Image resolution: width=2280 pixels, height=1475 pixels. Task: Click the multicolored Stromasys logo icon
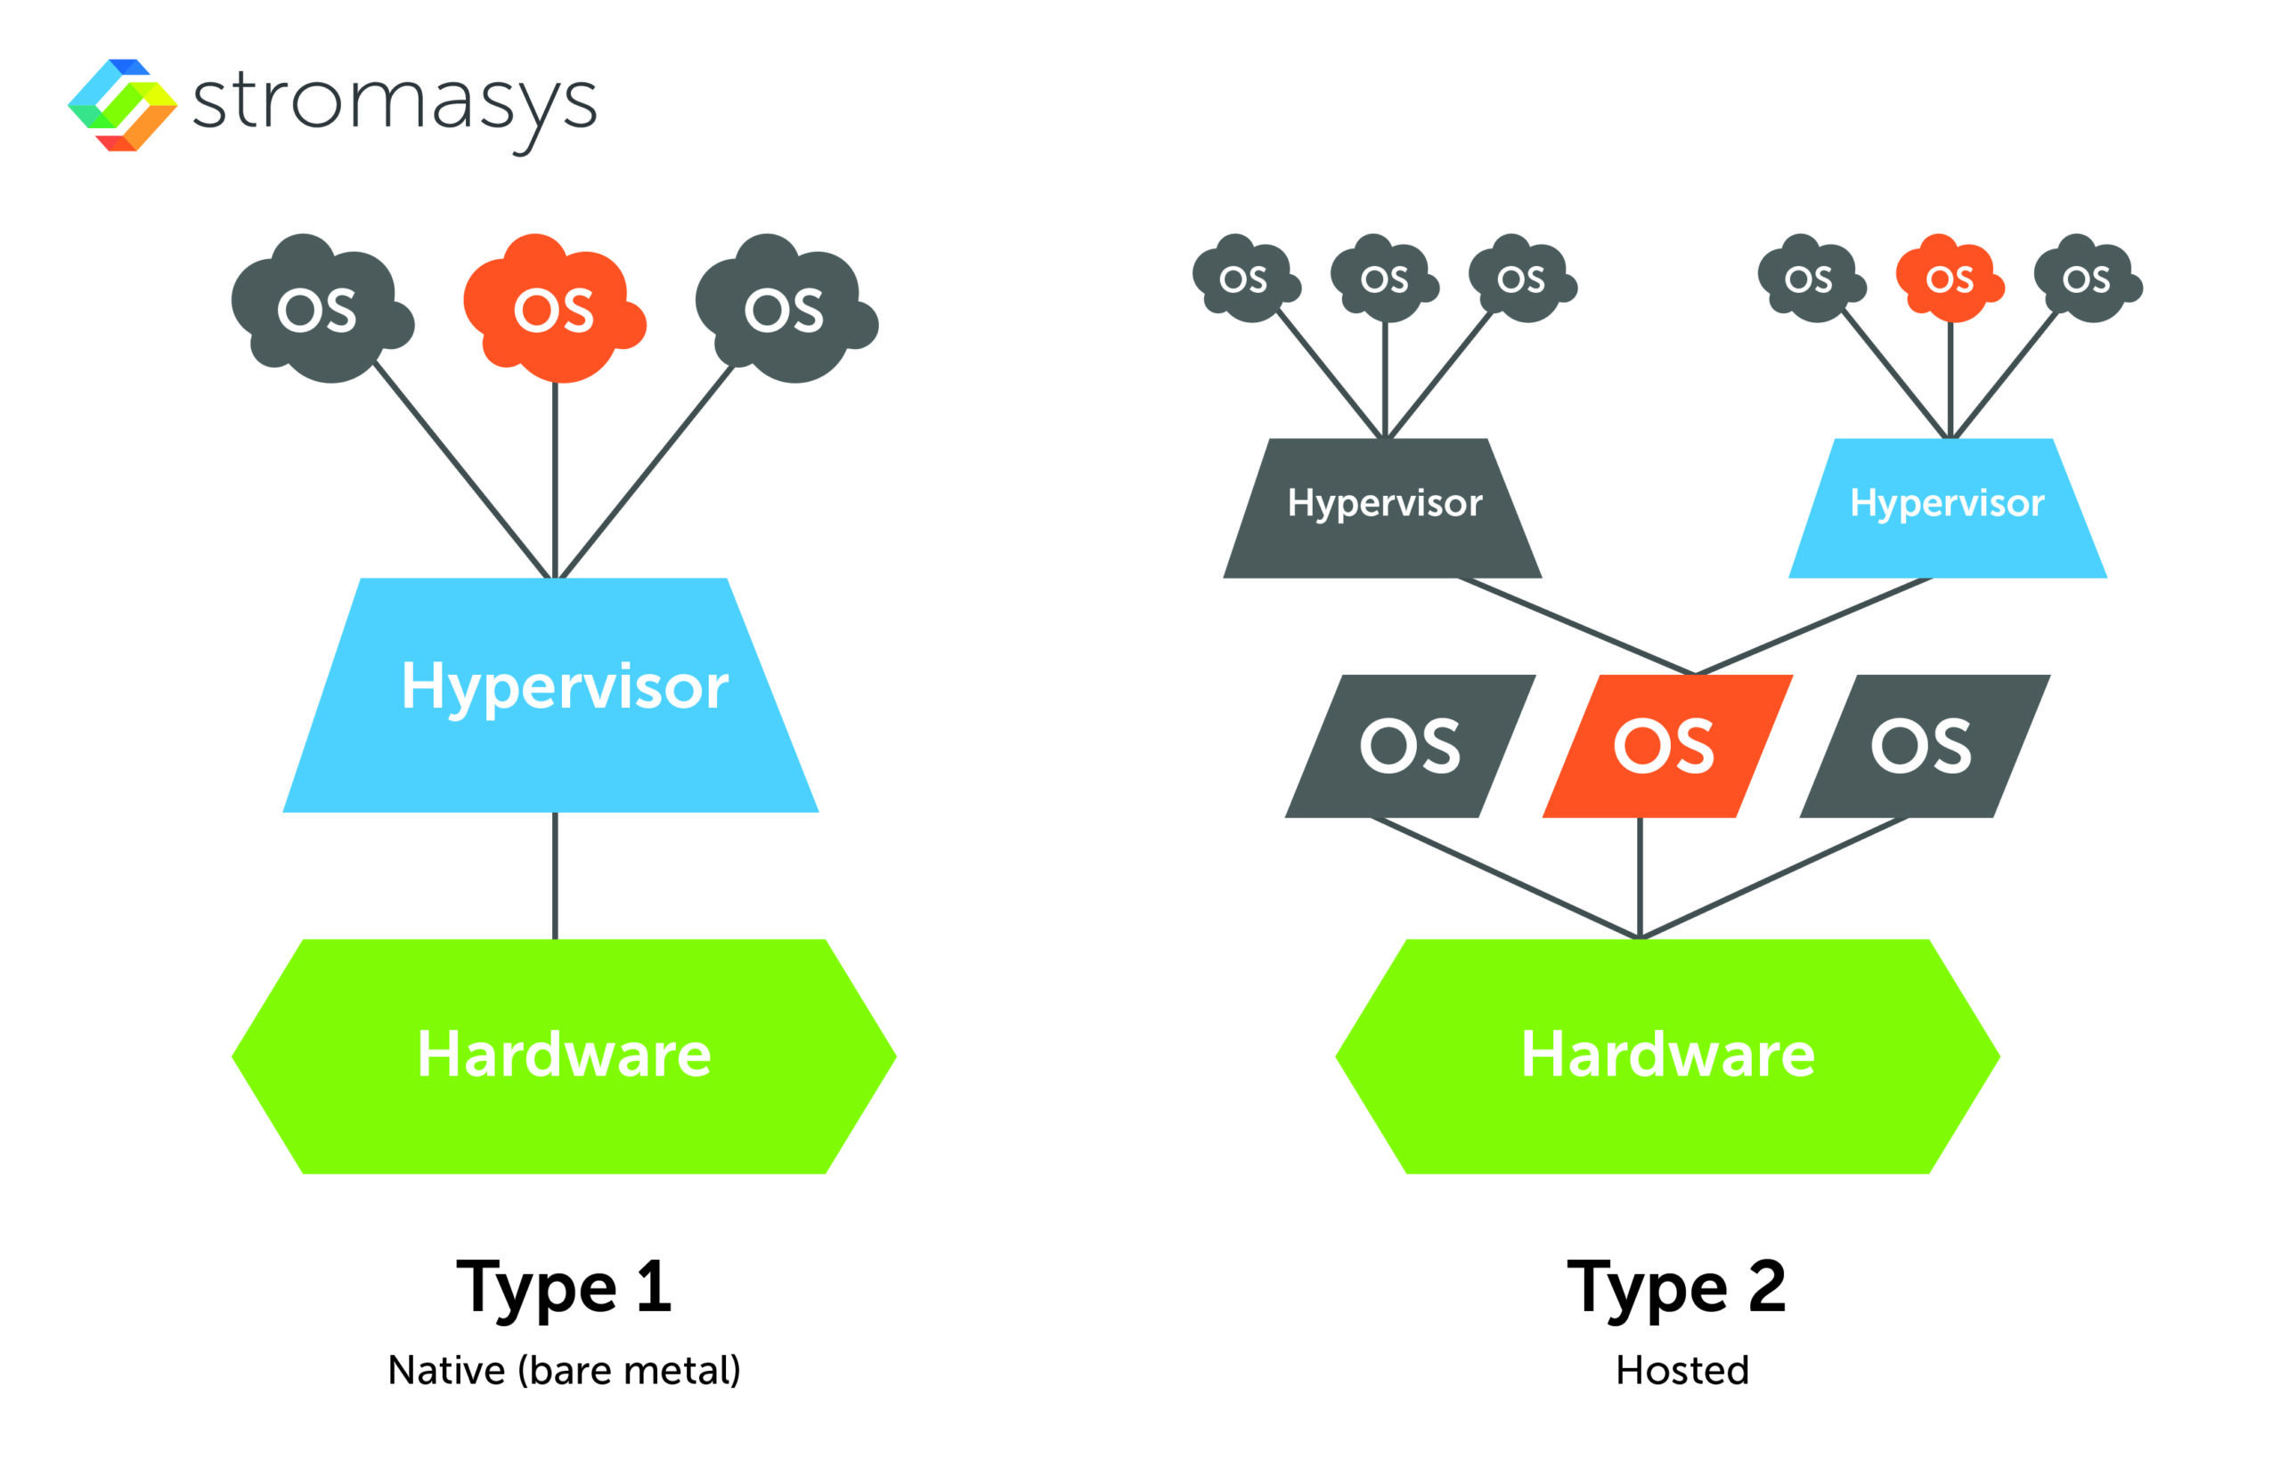[x=123, y=104]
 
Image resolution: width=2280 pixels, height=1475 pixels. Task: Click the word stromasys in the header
[x=394, y=103]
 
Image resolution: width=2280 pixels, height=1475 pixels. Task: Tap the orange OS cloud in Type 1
[x=552, y=308]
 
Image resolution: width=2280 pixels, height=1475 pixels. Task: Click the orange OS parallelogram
[x=1667, y=746]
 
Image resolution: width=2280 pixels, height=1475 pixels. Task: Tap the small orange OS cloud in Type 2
[x=1948, y=279]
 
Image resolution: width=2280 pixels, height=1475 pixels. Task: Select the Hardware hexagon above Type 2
[x=1667, y=1056]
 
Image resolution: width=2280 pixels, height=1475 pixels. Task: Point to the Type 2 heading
[x=1675, y=1286]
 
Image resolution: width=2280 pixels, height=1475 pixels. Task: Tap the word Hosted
[x=1681, y=1371]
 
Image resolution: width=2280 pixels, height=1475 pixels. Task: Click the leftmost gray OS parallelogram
[x=1410, y=746]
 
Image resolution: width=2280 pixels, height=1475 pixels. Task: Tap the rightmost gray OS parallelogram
[x=1924, y=746]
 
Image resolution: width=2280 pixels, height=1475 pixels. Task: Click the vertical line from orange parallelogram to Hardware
[x=1640, y=877]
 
